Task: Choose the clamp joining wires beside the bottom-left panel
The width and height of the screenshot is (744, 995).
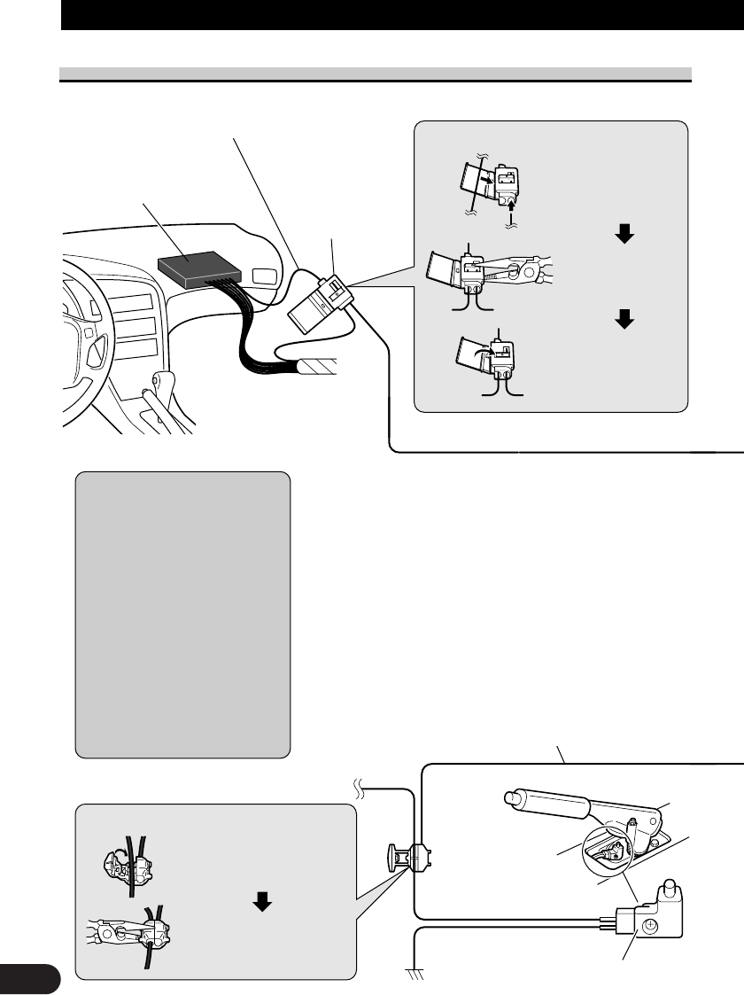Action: point(409,857)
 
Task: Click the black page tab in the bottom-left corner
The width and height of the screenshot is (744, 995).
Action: point(29,980)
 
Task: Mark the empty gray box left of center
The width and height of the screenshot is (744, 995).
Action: point(182,614)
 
